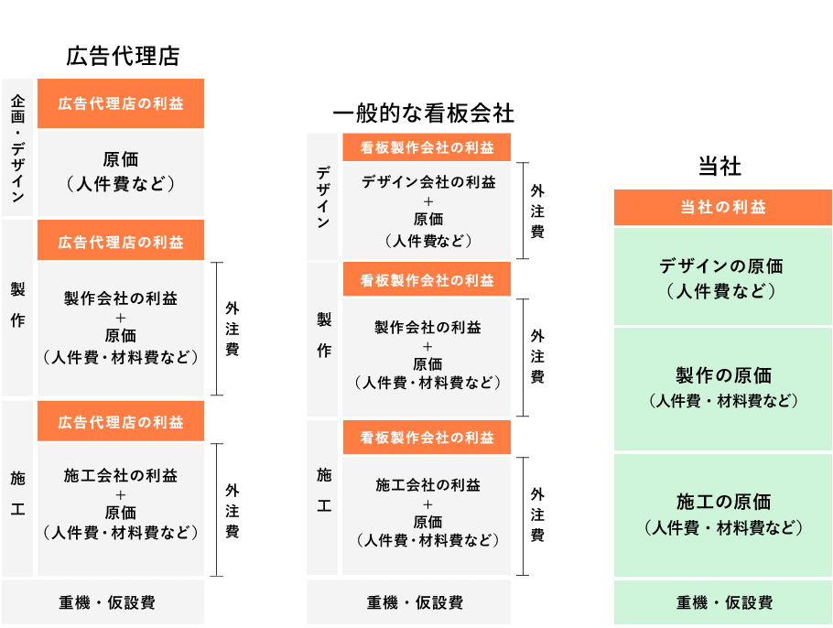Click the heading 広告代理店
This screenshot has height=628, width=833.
[x=123, y=56]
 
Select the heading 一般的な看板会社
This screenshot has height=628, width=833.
[x=423, y=114]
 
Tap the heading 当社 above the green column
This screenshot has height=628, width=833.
[x=719, y=167]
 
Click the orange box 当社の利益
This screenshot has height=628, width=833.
[x=722, y=207]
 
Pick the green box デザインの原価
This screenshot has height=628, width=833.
[x=722, y=276]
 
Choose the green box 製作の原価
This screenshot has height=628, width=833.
[x=722, y=389]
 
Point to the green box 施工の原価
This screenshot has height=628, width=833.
[x=722, y=514]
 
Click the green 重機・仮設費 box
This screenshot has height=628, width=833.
[x=722, y=602]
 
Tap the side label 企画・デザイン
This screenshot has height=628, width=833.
[x=17, y=147]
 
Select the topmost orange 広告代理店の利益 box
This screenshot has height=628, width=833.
[x=121, y=103]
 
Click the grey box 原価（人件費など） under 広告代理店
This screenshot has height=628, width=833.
[x=121, y=173]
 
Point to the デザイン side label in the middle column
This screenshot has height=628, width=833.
[x=322, y=197]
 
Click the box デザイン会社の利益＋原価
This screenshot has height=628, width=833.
[x=427, y=211]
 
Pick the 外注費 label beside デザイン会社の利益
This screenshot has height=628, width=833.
[x=537, y=211]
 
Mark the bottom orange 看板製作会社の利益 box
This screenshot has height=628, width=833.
[x=427, y=438]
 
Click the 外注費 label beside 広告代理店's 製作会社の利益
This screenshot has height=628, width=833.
[x=232, y=329]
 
